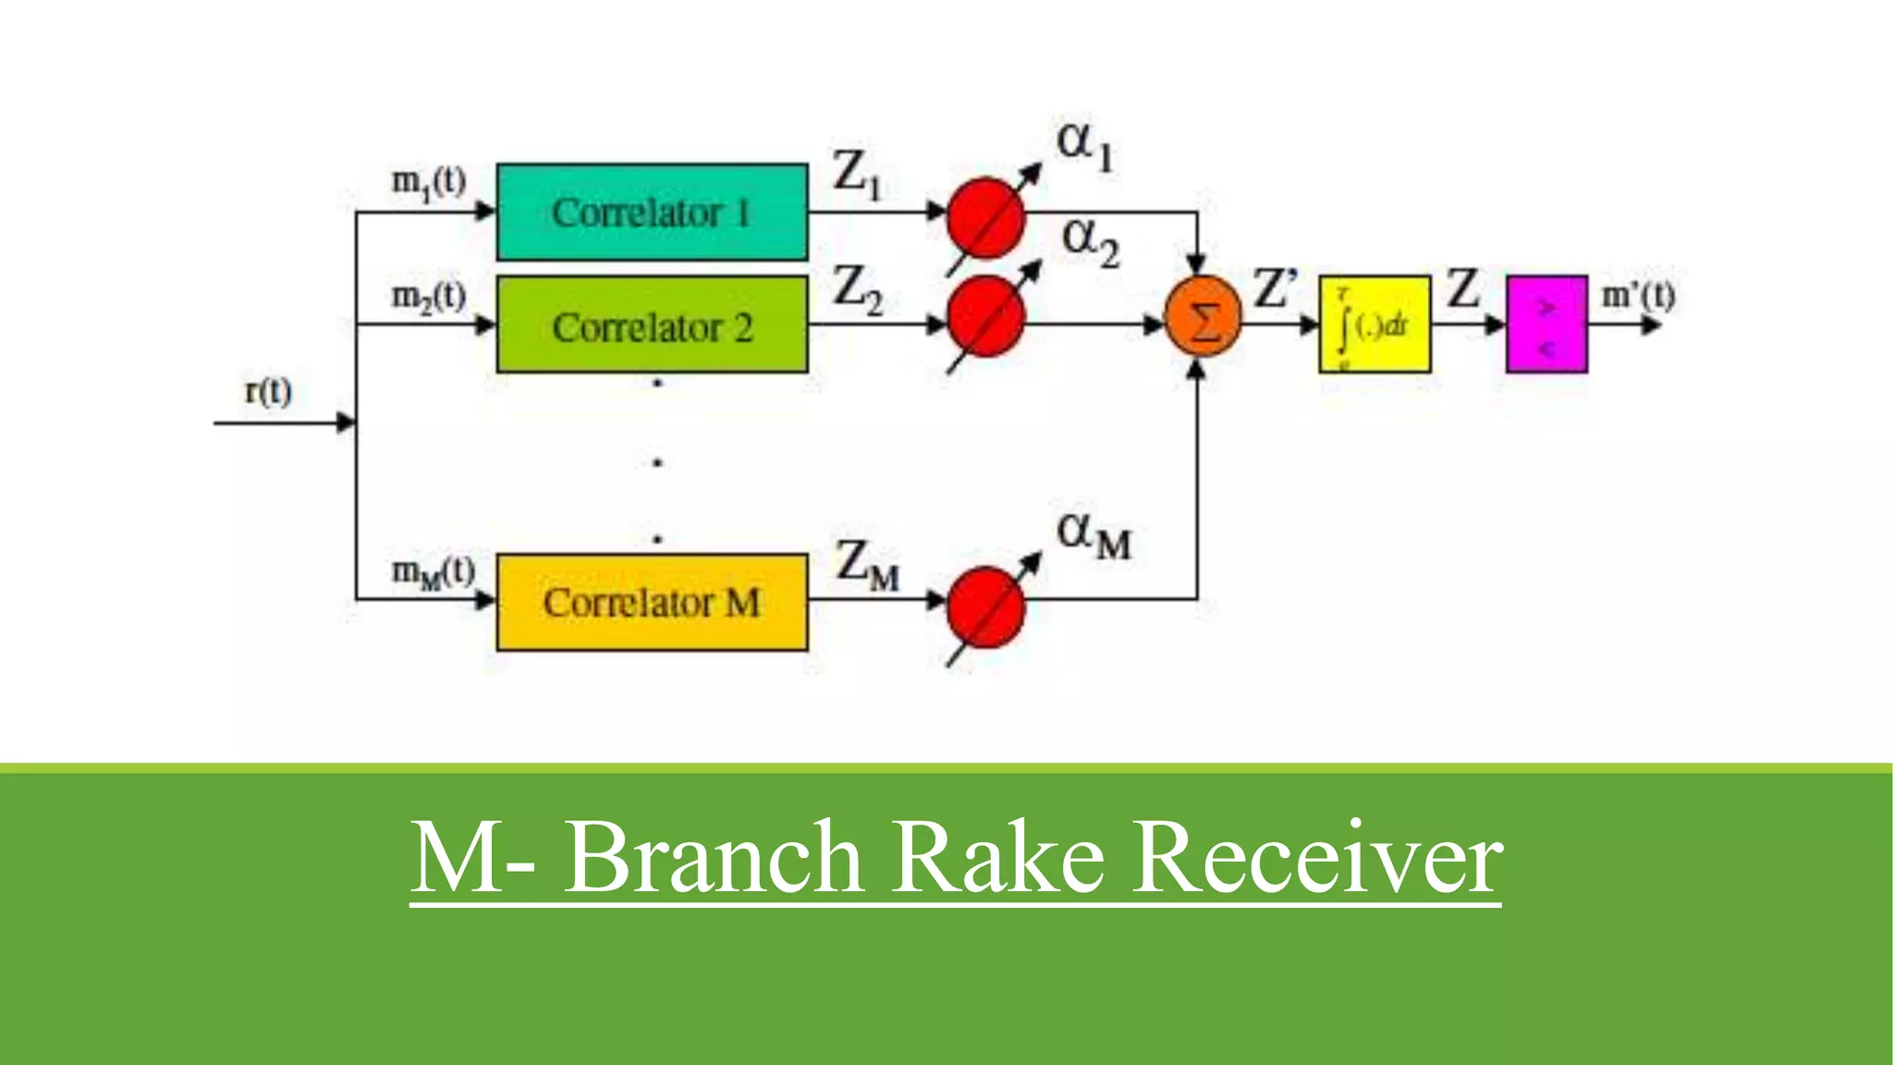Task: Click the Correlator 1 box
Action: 652,212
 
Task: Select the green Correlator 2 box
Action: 652,324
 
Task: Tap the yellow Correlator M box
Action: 652,602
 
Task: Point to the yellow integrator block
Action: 1374,324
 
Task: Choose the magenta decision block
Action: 1546,324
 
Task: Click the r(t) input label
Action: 268,391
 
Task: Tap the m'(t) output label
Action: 1638,296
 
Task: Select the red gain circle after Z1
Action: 986,218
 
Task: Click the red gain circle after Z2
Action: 986,316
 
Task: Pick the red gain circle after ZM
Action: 986,607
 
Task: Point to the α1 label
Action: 1085,145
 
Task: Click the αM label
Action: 1093,535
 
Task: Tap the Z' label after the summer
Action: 1276,288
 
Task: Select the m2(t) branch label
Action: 428,297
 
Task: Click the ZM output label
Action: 866,564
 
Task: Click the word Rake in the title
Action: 998,857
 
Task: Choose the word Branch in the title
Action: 714,857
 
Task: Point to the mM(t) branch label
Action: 433,572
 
